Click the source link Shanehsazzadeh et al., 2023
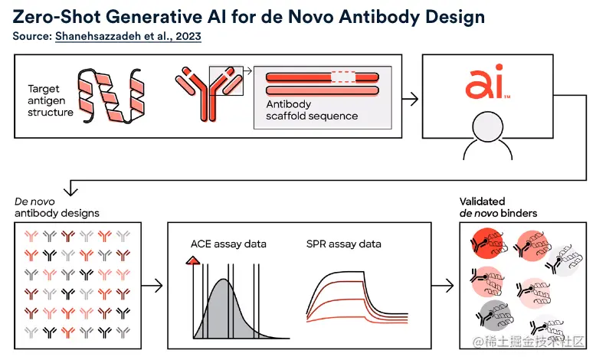click(x=128, y=36)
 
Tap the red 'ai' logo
click(x=487, y=83)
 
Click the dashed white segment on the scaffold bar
click(x=343, y=77)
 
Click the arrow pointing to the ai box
click(x=411, y=99)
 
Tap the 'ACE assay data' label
click(x=228, y=244)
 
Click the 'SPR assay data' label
click(x=343, y=244)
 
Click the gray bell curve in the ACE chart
click(x=223, y=310)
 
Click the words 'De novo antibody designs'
click(x=57, y=207)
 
